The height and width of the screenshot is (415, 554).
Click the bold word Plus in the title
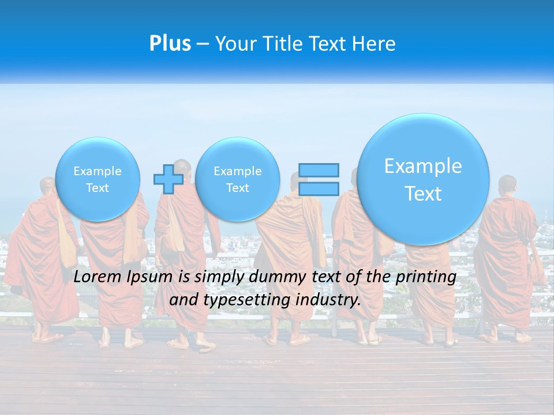pos(170,44)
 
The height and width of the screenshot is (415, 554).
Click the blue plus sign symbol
pos(168,179)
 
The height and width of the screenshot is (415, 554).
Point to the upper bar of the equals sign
pos(319,170)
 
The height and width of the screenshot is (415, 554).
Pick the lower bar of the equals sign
pos(319,188)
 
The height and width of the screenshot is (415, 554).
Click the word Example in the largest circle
pos(423,166)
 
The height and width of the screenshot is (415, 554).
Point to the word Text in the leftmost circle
pos(98,188)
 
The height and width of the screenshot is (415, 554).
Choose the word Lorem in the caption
pos(98,277)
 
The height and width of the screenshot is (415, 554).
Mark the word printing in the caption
pos(426,277)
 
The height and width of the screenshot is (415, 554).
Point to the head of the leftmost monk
pos(48,187)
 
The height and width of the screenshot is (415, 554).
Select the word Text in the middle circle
pos(237,188)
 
